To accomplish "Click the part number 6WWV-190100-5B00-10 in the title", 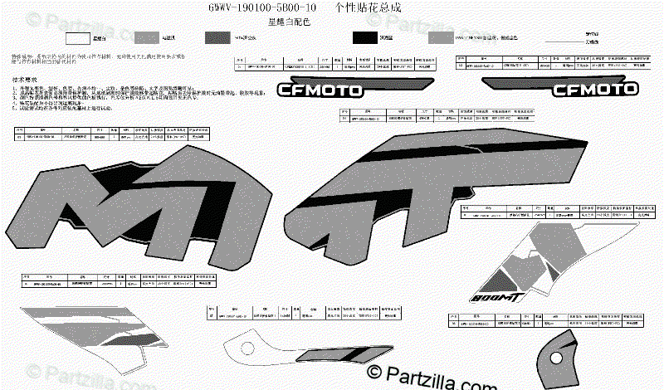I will (261, 7).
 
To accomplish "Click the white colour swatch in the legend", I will (77, 38).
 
